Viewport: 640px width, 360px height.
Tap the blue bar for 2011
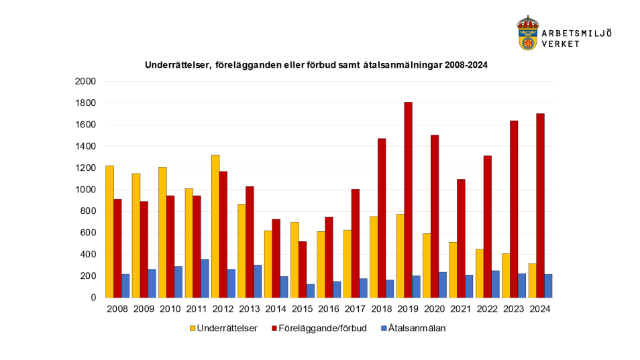[205, 278]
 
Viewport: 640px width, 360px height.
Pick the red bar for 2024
[540, 205]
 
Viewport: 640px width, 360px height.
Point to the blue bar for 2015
[311, 291]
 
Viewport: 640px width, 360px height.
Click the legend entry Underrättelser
[224, 328]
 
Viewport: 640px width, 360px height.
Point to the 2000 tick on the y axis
[86, 82]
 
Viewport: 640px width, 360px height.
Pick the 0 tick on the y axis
[93, 298]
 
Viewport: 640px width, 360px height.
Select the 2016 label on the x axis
[329, 309]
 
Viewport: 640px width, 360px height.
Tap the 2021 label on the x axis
[461, 309]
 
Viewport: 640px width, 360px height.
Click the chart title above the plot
[316, 66]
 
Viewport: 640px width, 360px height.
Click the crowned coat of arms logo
[527, 33]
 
